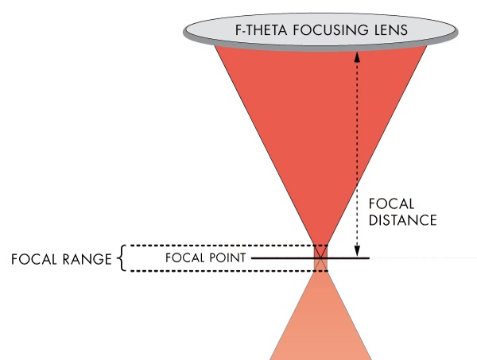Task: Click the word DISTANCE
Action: click(404, 220)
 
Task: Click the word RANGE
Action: click(86, 259)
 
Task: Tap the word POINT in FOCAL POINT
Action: click(224, 258)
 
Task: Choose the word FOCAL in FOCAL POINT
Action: click(184, 258)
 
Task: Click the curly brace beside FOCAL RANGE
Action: click(121, 259)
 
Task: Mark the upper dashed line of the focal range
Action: click(223, 245)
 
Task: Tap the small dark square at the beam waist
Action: click(320, 258)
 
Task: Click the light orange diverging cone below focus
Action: click(320, 326)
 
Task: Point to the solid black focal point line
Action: click(350, 258)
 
